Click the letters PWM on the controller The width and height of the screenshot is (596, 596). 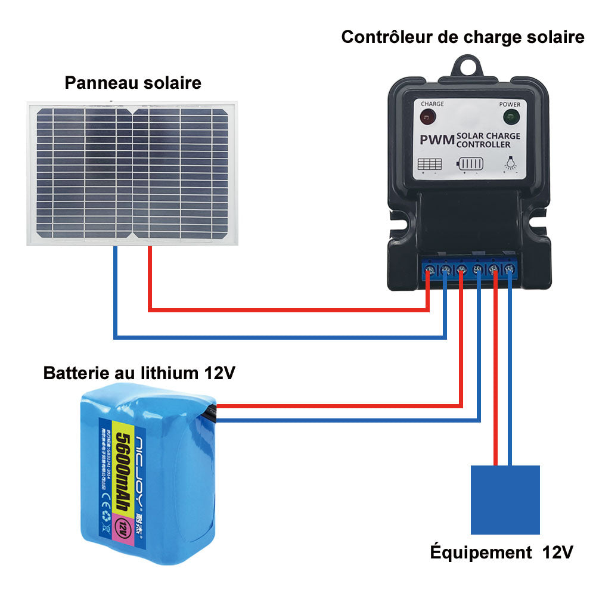[437, 141]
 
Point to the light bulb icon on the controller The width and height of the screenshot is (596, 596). [510, 162]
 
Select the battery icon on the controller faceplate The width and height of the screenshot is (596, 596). [470, 163]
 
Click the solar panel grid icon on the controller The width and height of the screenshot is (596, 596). [430, 163]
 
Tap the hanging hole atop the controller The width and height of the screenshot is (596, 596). [468, 65]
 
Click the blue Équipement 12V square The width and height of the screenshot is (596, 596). [505, 499]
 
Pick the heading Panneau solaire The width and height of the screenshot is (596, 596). [133, 83]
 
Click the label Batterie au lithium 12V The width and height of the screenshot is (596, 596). [139, 374]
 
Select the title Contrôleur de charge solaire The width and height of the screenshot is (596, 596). [462, 37]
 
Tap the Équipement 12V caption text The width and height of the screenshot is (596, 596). [501, 552]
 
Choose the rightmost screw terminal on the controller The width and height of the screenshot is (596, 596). [510, 271]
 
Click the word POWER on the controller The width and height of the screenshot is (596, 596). [510, 104]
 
